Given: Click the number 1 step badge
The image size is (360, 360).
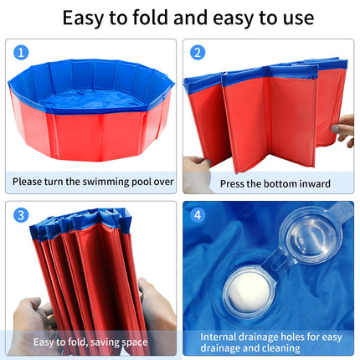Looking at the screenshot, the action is [21, 53].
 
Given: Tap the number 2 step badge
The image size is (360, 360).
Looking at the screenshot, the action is [198, 53].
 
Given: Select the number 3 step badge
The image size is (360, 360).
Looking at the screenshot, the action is [21, 215].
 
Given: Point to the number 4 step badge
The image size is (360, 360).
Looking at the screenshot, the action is [198, 215].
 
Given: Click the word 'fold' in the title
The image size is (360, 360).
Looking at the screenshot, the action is [151, 18].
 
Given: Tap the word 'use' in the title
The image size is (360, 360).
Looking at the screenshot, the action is [299, 19].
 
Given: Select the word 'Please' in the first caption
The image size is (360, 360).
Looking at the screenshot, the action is [27, 182].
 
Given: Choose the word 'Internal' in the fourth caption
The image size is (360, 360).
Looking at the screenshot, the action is [218, 337].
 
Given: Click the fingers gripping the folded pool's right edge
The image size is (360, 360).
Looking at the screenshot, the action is [343, 130].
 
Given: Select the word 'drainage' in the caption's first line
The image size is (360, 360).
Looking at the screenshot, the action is [258, 337].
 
